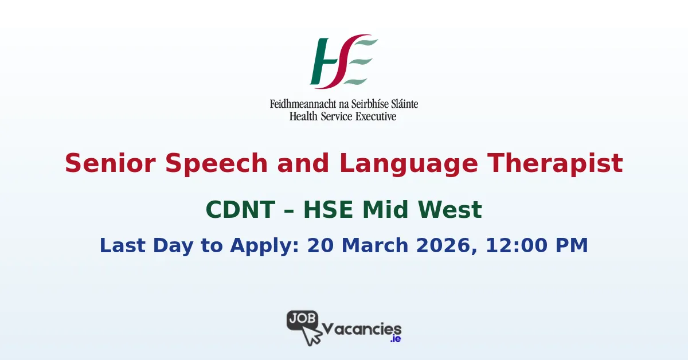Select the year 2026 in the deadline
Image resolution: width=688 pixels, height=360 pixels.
point(451,245)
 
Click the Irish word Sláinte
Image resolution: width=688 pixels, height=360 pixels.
point(402,104)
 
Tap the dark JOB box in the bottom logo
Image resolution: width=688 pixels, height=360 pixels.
point(302,319)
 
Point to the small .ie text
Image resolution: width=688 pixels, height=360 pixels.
point(395,339)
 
